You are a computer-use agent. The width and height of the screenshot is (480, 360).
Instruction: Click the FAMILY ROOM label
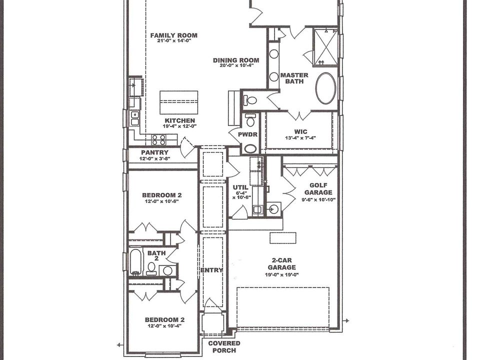(173, 35)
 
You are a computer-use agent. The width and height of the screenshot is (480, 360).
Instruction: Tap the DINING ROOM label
(236, 60)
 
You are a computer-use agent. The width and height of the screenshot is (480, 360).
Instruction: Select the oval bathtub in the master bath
(325, 88)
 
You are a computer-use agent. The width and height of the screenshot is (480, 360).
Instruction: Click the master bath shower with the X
(325, 47)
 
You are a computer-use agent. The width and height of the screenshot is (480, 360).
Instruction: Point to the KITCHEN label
(179, 120)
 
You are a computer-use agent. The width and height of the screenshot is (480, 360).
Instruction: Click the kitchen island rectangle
(179, 102)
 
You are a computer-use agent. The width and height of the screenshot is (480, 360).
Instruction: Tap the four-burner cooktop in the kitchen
(159, 140)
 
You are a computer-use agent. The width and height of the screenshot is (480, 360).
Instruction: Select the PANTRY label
(154, 152)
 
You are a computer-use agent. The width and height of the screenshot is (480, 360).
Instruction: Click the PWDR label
(247, 134)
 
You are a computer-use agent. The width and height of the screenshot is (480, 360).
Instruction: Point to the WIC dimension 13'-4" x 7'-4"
(300, 138)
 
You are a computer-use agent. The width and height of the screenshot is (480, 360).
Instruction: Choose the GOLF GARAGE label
(318, 189)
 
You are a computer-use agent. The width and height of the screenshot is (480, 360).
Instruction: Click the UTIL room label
(240, 187)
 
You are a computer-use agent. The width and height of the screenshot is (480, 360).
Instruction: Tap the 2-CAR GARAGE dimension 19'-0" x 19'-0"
(281, 275)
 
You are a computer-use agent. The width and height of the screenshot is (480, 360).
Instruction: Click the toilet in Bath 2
(151, 268)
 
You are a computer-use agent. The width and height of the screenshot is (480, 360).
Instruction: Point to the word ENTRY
(211, 270)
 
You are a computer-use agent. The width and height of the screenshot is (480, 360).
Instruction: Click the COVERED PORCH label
(224, 347)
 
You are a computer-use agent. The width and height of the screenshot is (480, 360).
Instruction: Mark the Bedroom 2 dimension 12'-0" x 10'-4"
(164, 325)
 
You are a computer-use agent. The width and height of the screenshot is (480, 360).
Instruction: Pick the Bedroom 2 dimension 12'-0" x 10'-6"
(161, 201)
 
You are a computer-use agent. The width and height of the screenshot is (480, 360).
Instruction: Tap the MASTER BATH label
(294, 78)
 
